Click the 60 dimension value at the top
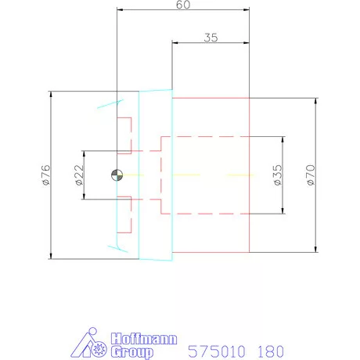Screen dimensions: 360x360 tap(183, 5)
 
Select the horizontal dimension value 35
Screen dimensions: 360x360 tap(211, 38)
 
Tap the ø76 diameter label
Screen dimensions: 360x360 tap(45, 175)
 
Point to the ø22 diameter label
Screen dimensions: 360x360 tap(79, 175)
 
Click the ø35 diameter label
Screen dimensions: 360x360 tap(278, 175)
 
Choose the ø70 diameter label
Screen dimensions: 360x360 tap(311, 175)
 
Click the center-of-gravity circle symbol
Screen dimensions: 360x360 tap(117, 175)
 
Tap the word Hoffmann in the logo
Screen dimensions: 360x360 tap(144, 339)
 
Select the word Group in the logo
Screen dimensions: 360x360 tap(132, 352)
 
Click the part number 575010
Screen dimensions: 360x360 tap(217, 351)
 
